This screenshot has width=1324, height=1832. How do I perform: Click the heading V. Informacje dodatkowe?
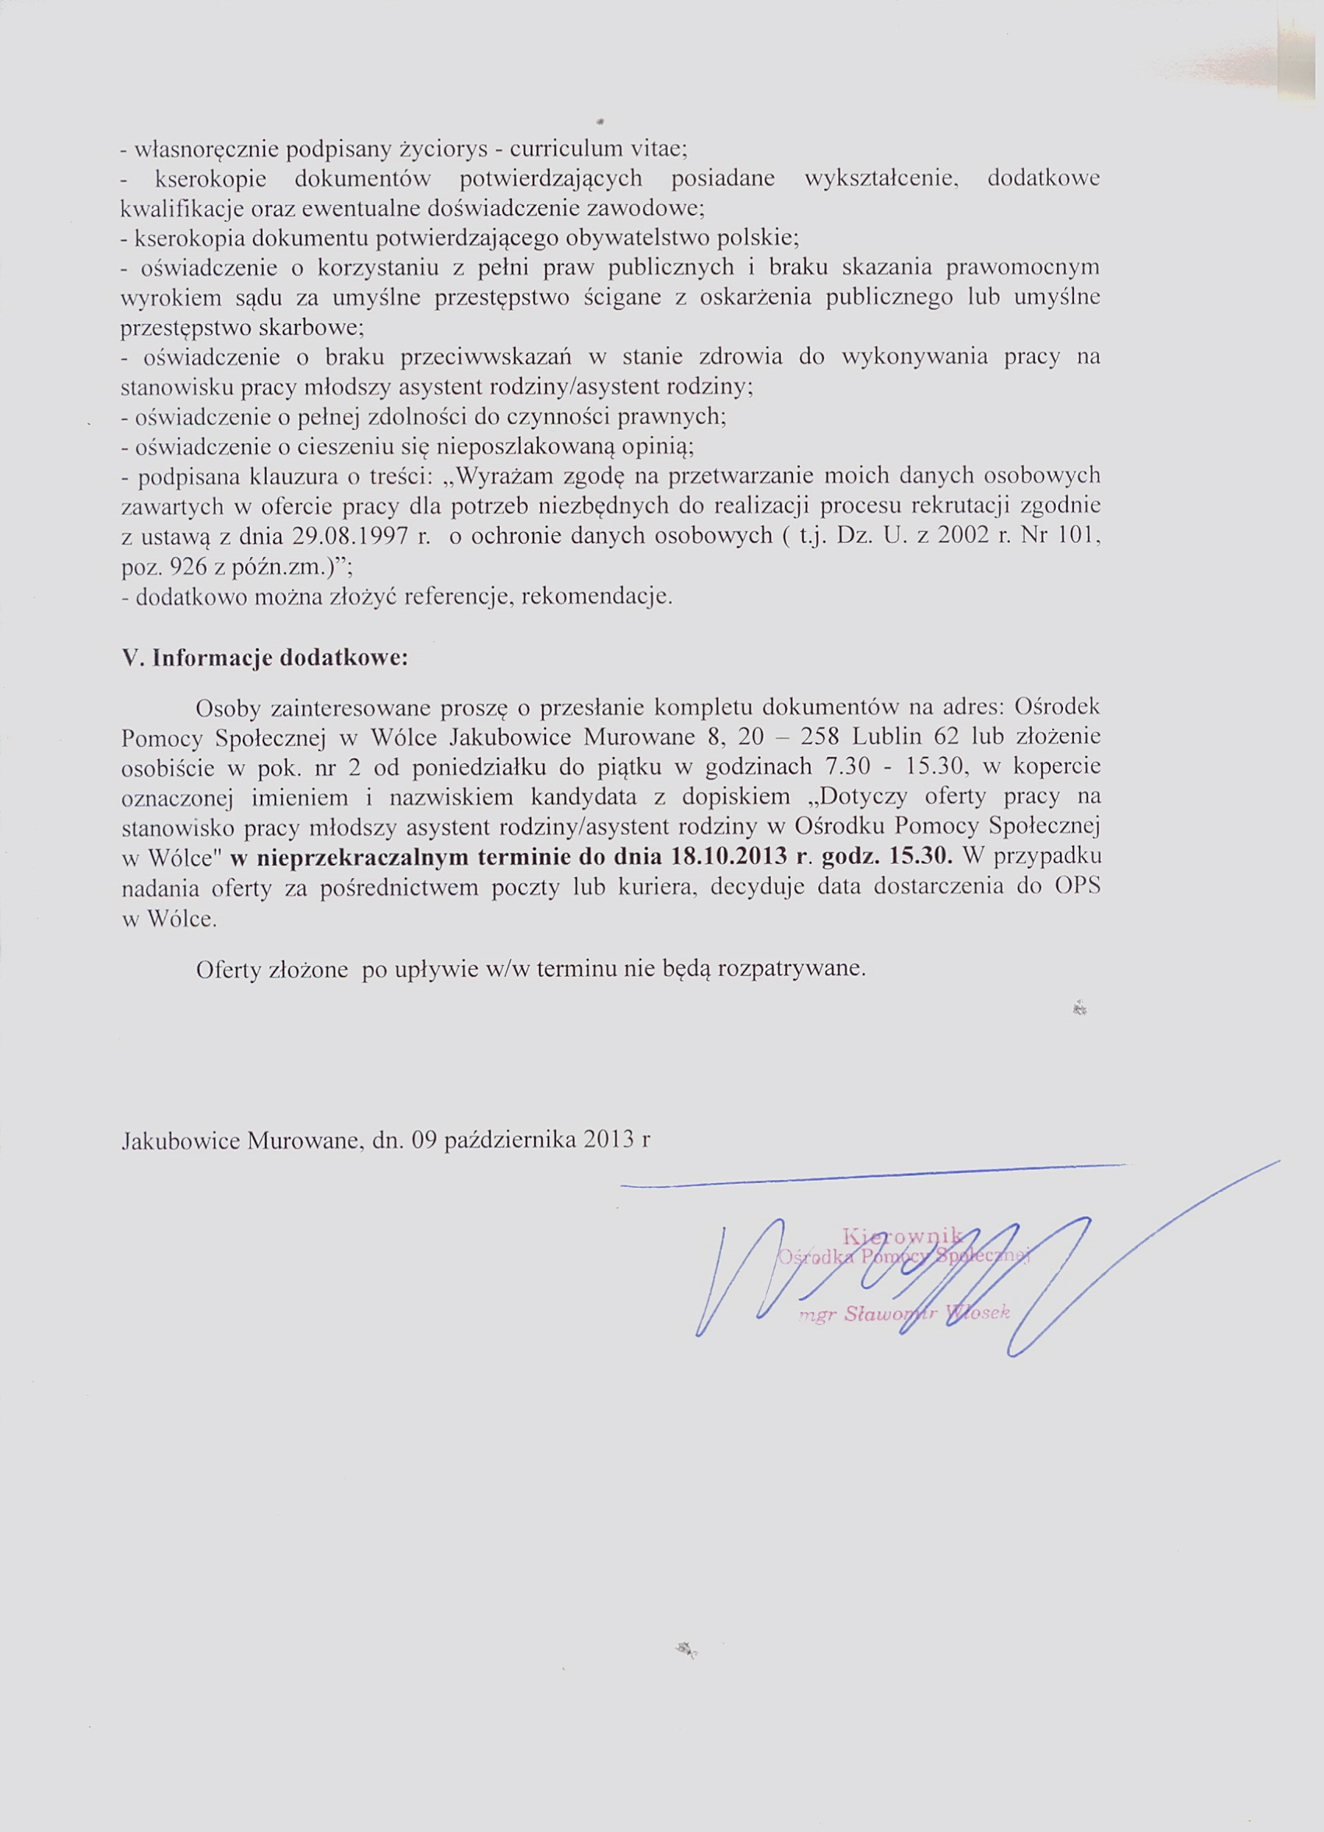click(x=265, y=657)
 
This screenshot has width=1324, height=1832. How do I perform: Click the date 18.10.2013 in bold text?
click(x=730, y=856)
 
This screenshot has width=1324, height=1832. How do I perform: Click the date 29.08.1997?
click(x=349, y=537)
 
